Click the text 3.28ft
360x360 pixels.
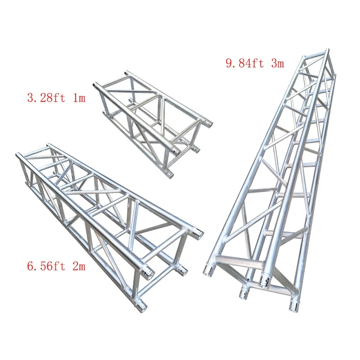pos(46,98)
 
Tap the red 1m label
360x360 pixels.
pos(78,98)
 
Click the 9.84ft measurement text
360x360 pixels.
pos(244,63)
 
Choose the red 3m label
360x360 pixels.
pos(276,63)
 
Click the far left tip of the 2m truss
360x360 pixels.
pos(17,155)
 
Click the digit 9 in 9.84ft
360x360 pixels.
pos(229,63)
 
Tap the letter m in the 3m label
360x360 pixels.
pos(280,64)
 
